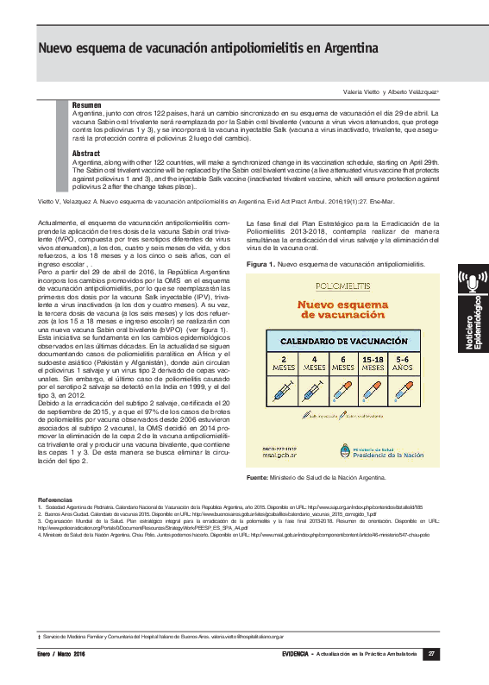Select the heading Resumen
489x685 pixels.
point(86,104)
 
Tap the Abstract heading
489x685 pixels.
point(86,153)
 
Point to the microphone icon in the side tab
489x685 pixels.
point(472,282)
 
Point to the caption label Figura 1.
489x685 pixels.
point(260,263)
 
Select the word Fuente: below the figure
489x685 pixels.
point(257,477)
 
